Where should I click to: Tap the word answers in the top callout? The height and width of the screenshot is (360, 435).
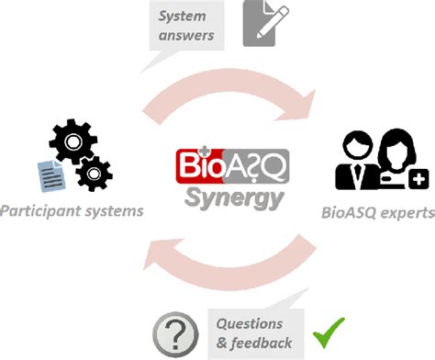click(186, 36)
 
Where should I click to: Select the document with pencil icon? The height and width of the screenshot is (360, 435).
click(262, 25)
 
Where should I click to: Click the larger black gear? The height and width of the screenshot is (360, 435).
click(71, 143)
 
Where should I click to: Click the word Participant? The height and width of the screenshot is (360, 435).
click(39, 212)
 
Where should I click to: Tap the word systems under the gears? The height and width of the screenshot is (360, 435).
click(109, 212)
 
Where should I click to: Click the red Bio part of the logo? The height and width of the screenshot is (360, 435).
click(192, 165)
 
